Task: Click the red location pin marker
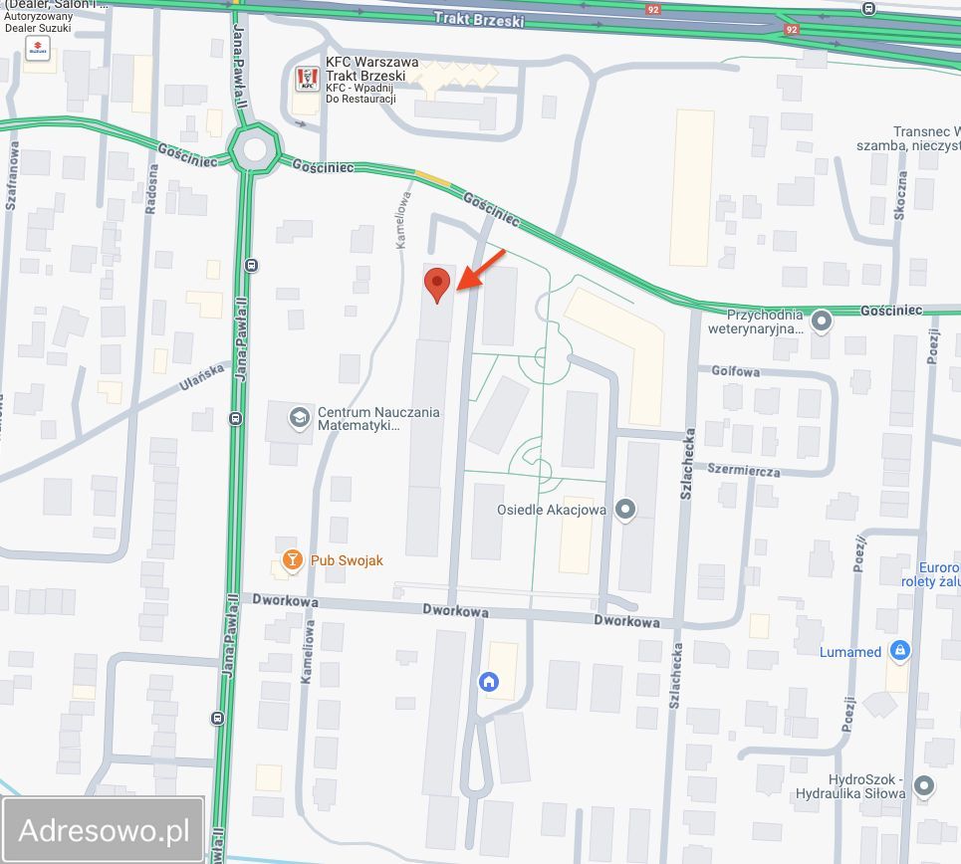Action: pos(436,285)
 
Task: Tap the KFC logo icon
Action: pos(306,78)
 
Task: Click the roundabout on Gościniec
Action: pos(253,149)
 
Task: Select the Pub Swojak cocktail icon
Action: pos(292,560)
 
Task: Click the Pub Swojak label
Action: pos(347,560)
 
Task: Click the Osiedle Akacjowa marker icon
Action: pos(625,511)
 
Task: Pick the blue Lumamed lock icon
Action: pos(900,651)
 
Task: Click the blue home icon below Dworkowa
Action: pos(489,682)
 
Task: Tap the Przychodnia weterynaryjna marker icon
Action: pos(822,321)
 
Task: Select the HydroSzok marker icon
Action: pos(924,786)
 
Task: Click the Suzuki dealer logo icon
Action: pos(37,48)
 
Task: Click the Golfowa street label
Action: pos(735,371)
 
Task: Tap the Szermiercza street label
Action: pos(744,470)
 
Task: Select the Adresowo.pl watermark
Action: pos(105,830)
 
